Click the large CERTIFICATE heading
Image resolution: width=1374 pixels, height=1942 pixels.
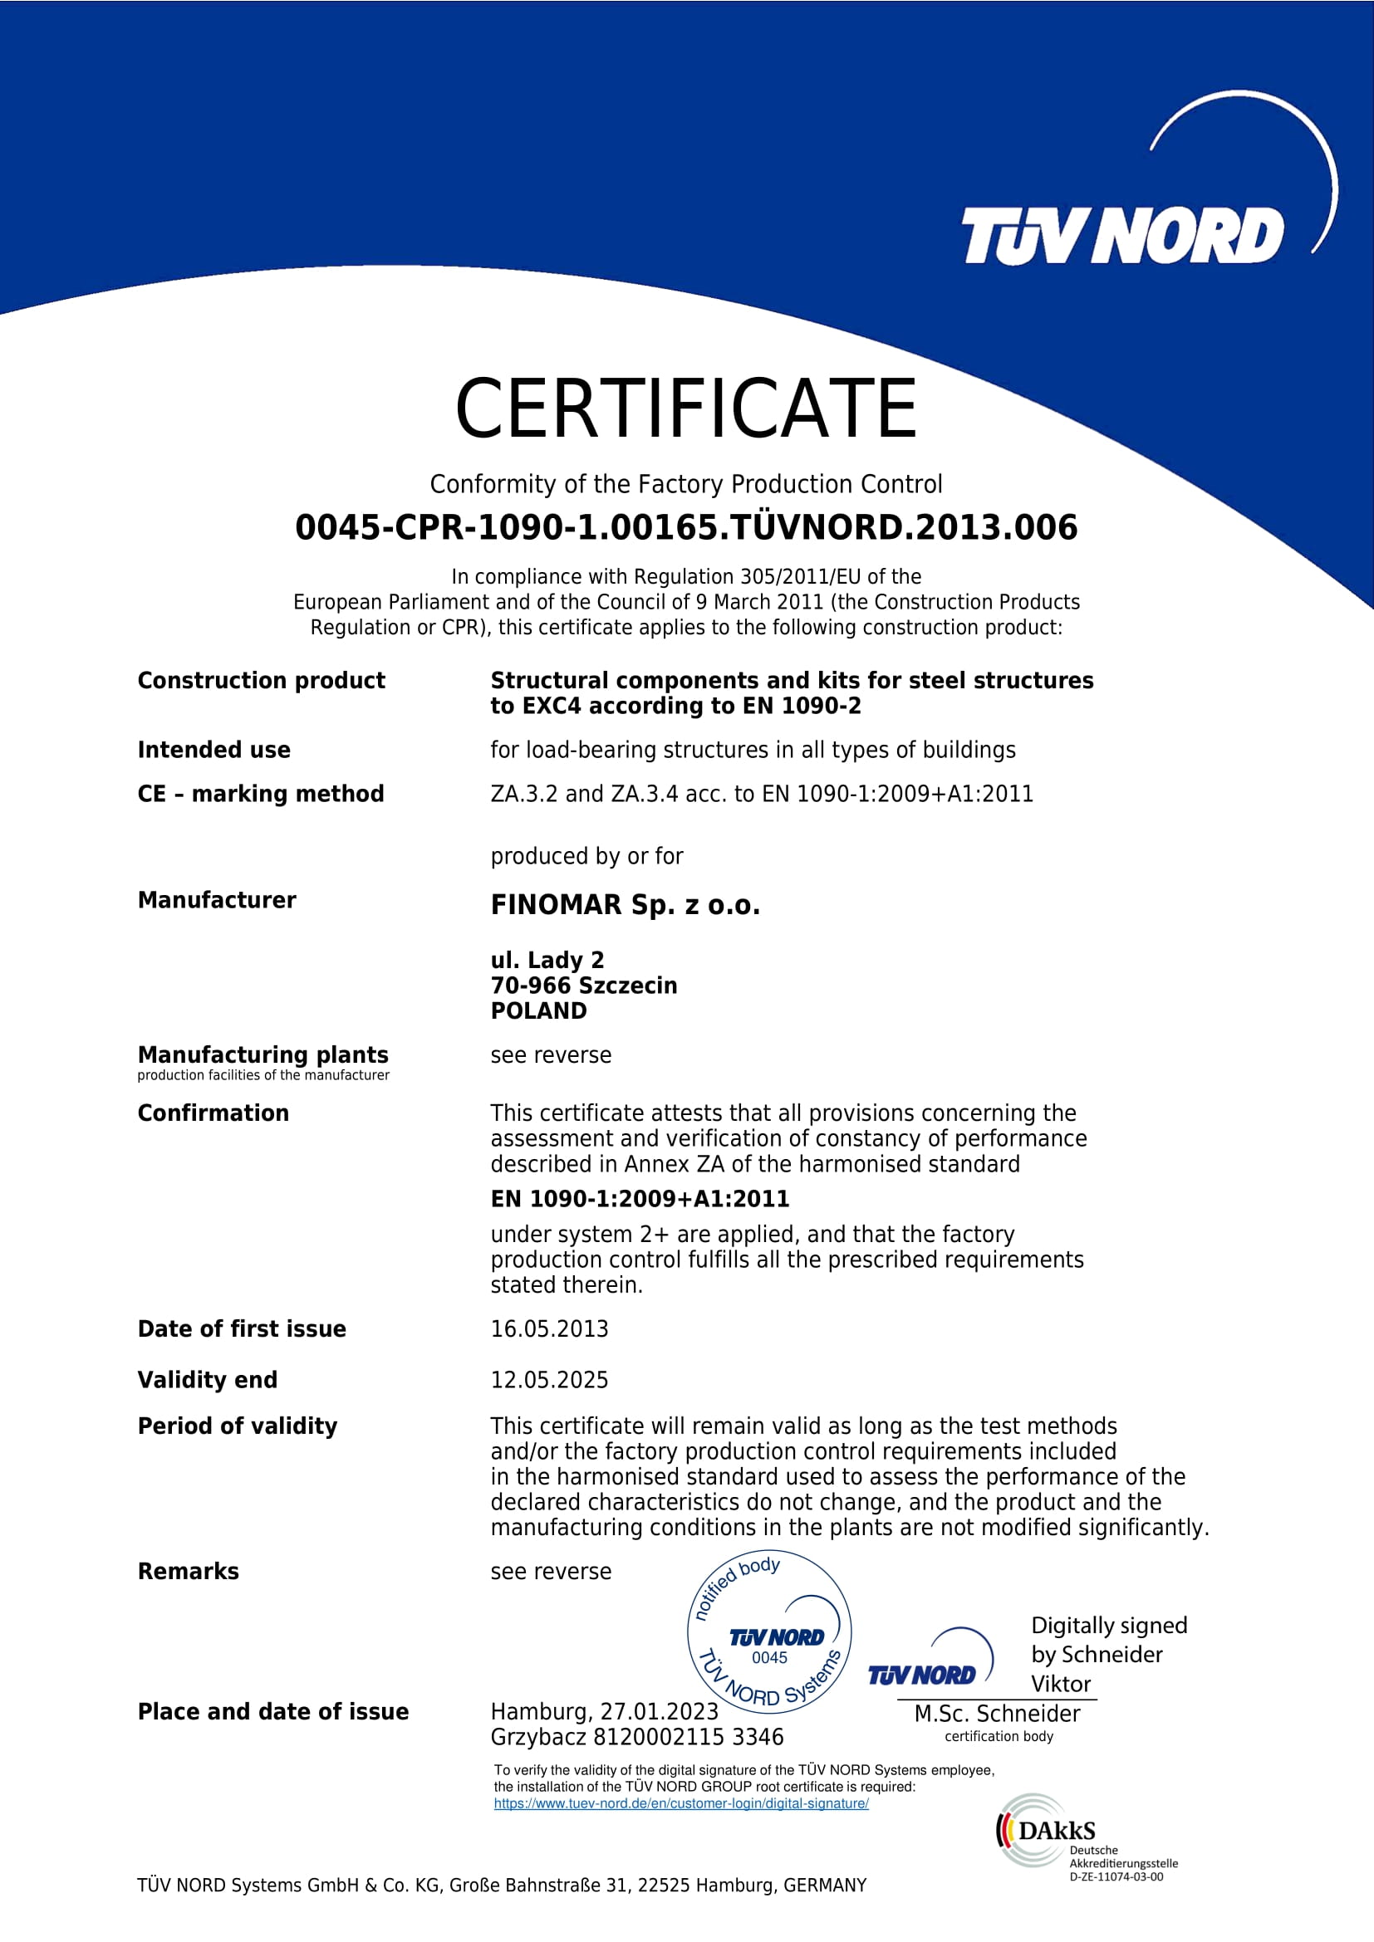[685, 408]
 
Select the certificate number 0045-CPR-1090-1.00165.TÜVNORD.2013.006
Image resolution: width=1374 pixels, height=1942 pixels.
[686, 527]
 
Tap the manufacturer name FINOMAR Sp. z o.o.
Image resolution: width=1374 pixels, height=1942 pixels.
[626, 905]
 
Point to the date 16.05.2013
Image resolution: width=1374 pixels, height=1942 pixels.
[549, 1328]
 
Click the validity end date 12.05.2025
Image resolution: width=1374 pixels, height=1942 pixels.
[549, 1380]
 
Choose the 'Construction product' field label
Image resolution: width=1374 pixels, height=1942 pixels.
[261, 681]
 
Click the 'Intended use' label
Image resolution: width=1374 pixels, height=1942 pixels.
[214, 751]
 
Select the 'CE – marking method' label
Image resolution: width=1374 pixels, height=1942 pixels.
[261, 795]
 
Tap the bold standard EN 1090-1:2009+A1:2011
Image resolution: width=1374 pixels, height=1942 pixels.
[640, 1199]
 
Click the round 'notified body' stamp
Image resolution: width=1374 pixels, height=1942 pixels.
[769, 1632]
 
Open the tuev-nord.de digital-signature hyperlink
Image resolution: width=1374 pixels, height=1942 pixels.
[681, 1803]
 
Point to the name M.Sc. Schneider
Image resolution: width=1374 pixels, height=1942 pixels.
[997, 1714]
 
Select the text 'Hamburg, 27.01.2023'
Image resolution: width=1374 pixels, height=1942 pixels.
[604, 1712]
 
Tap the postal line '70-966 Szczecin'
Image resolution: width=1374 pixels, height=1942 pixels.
[584, 986]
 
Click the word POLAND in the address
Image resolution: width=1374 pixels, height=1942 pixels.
[538, 1010]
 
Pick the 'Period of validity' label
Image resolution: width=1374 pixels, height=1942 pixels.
[237, 1426]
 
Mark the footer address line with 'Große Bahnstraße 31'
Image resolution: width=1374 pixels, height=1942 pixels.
[502, 1886]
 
